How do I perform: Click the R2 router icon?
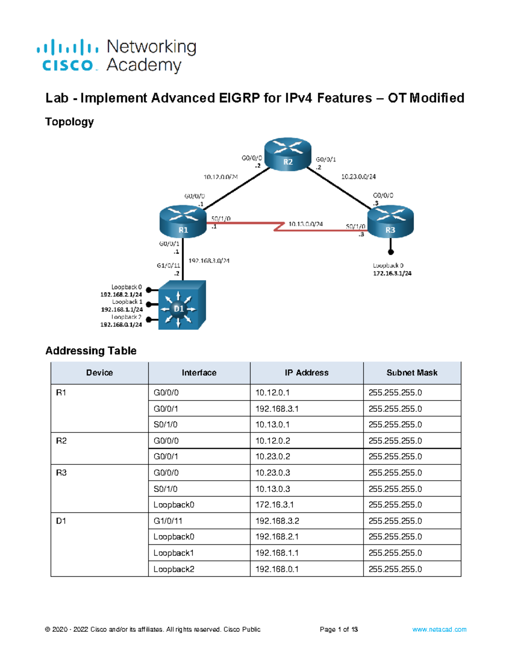[288, 154]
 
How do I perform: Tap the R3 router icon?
[390, 221]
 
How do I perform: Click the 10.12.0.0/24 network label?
[221, 177]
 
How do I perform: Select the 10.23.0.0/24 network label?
[358, 176]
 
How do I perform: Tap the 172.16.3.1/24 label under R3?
[392, 273]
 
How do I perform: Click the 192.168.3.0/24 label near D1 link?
[209, 261]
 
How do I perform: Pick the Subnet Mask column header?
[412, 373]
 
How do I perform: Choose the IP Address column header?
[306, 373]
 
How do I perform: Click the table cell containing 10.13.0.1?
[272, 425]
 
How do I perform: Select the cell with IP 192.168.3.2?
[277, 521]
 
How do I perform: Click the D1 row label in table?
[61, 521]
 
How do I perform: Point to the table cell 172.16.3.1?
[274, 505]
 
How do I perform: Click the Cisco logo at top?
[67, 55]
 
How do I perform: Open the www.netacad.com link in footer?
[439, 629]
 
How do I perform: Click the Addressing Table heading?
[91, 350]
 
